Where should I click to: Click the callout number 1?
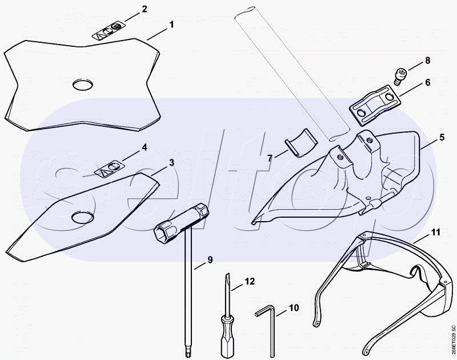click(x=172, y=25)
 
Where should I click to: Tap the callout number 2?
click(x=144, y=9)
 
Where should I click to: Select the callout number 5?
click(x=442, y=137)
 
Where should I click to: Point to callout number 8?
click(x=427, y=61)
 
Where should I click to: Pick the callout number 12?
click(x=250, y=281)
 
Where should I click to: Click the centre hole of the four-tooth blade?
click(x=82, y=85)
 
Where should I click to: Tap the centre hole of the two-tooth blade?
click(x=83, y=218)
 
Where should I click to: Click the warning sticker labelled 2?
click(x=109, y=31)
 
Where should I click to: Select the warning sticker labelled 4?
click(x=109, y=170)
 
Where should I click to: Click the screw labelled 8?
click(x=399, y=75)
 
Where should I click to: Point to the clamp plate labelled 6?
click(x=375, y=105)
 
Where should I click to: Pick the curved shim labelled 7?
click(x=300, y=143)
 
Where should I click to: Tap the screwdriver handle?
click(x=227, y=336)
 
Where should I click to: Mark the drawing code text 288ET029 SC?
click(x=453, y=335)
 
